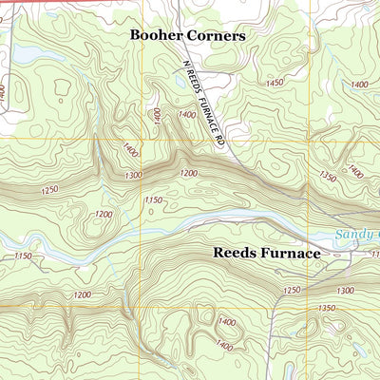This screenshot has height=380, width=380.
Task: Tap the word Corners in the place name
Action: (x=218, y=35)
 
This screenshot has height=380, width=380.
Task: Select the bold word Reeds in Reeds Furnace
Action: (x=233, y=254)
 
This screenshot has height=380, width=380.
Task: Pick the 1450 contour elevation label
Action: (x=276, y=84)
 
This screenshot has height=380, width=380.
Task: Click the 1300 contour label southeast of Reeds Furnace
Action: (x=345, y=290)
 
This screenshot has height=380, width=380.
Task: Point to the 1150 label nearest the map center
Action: (x=151, y=200)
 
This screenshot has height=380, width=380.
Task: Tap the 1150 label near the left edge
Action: (x=23, y=256)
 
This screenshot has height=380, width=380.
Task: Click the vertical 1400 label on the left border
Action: (x=4, y=95)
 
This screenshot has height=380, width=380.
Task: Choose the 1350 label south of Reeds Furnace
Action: (x=328, y=309)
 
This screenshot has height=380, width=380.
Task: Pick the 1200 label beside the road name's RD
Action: (x=190, y=172)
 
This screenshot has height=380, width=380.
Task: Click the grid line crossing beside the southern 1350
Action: (x=309, y=307)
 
